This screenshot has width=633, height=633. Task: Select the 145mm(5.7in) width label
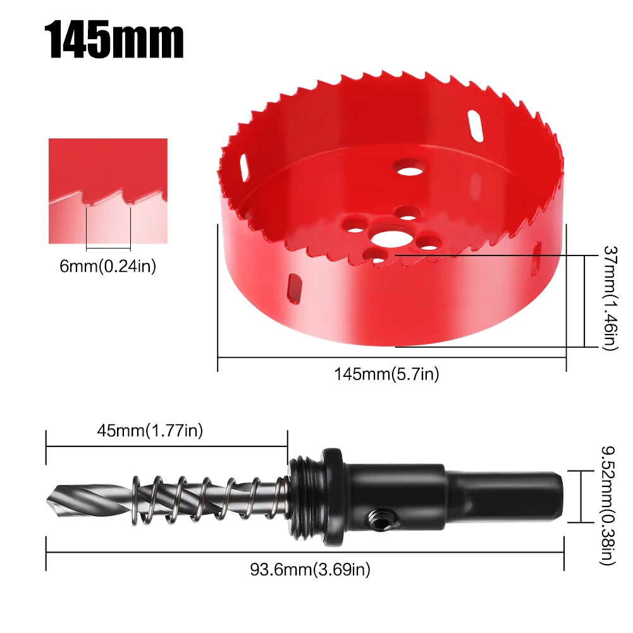386,374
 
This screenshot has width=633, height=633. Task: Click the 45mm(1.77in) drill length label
149,431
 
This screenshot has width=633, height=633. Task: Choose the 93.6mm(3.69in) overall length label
309,570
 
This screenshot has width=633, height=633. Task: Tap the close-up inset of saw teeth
108,191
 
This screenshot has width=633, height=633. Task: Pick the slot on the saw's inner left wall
243,168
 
